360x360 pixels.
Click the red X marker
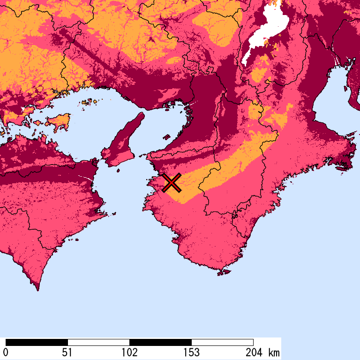point(172,183)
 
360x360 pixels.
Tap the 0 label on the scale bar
point(6,352)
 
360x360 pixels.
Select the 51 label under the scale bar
point(67,352)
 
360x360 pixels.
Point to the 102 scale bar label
point(129,352)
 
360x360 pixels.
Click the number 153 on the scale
point(191,352)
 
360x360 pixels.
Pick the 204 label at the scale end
point(253,352)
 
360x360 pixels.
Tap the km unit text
point(274,352)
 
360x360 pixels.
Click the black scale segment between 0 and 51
point(37,342)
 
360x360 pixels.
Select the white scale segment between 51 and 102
point(98,342)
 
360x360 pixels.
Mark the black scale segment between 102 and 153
point(160,342)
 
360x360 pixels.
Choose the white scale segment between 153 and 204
point(222,342)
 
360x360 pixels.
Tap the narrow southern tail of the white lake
point(247,58)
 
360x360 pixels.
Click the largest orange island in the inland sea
point(58,122)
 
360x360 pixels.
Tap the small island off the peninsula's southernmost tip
point(224,271)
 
